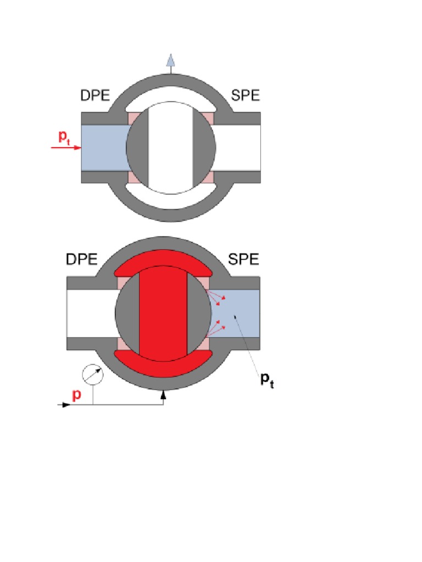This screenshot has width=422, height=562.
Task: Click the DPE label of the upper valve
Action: tap(95, 95)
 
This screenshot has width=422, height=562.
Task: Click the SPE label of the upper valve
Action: tap(246, 95)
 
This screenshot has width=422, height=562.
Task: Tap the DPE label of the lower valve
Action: tap(81, 259)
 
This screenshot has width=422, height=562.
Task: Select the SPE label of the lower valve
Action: tap(243, 259)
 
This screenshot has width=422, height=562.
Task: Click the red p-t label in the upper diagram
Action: tap(64, 137)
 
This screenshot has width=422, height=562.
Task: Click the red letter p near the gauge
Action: tap(76, 395)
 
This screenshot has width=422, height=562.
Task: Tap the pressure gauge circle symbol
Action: tap(93, 374)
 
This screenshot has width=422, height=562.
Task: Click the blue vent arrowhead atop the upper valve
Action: tap(171, 60)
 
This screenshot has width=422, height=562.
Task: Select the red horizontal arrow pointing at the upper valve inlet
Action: tap(66, 147)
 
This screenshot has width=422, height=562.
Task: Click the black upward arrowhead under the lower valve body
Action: tap(163, 395)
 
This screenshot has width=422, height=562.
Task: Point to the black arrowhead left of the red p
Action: tap(65, 404)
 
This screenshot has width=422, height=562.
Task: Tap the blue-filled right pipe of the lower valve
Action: tap(235, 313)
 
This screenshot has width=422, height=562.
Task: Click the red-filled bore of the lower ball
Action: tap(163, 313)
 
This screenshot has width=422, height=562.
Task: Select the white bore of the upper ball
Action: tap(171, 148)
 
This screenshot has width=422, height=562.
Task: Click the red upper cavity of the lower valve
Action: tap(163, 262)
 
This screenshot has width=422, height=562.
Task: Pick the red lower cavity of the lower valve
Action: tap(163, 366)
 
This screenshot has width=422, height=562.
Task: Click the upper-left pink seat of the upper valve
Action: tap(134, 117)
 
